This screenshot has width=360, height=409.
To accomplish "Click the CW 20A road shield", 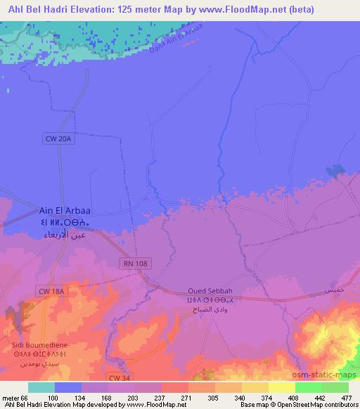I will tap(59, 139).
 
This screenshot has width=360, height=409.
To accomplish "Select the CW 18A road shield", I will tap(51, 290).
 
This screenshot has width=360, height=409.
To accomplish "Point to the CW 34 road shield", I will tap(120, 378).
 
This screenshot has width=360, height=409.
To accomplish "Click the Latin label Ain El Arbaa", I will tap(65, 210).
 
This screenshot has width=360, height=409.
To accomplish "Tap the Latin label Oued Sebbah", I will tap(210, 291).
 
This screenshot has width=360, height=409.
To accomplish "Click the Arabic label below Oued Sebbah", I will tap(210, 308).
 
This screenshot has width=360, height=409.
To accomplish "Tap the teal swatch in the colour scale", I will tap(41, 387).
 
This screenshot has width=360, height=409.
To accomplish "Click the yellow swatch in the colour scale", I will tap(282, 387).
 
